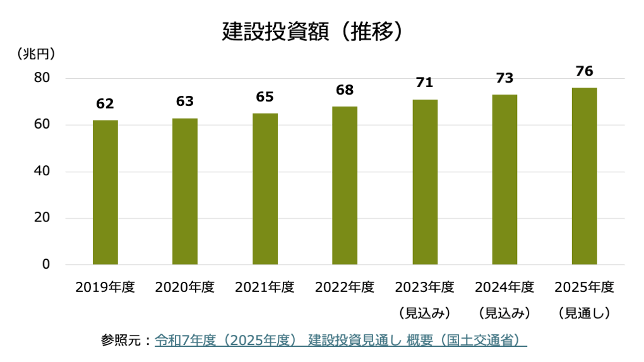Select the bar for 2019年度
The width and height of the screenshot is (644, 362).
[x=105, y=192]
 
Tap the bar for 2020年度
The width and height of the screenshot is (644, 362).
[x=185, y=192]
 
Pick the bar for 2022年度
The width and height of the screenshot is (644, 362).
[x=345, y=185]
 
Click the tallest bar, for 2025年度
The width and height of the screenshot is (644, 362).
[x=584, y=176]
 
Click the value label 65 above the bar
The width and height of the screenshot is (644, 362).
[x=265, y=97]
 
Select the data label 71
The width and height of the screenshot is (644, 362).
[x=424, y=83]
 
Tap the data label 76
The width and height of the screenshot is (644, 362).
[x=584, y=71]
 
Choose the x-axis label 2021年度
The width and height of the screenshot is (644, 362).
[x=265, y=288]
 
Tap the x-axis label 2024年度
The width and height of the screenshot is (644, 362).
[x=504, y=288]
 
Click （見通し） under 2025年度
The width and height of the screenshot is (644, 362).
[x=584, y=313]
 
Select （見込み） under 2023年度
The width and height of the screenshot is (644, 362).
[x=424, y=313]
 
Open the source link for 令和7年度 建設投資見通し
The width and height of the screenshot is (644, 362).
[x=340, y=341]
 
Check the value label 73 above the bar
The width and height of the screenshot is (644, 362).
[x=504, y=79]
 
